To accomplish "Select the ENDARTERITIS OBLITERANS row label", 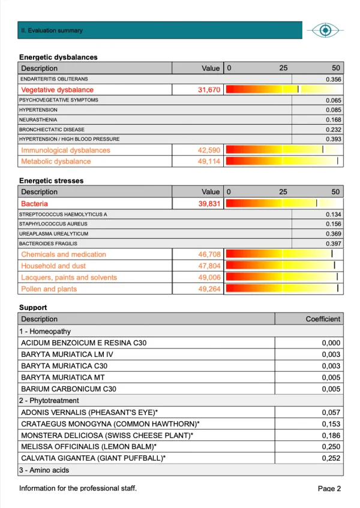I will point(54,79).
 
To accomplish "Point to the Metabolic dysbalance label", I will point(56,161).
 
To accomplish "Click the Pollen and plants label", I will point(49,289).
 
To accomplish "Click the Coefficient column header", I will point(323,319).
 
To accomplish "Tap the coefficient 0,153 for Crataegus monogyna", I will point(331,423).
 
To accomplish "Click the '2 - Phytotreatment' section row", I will point(50,401).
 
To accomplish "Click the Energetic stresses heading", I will point(51,181).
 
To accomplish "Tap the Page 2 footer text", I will point(329,488).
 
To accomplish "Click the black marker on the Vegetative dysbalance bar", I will point(298,89).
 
